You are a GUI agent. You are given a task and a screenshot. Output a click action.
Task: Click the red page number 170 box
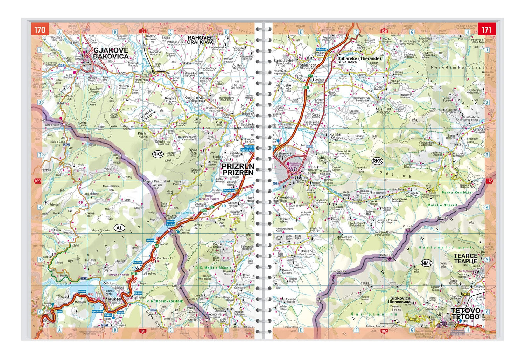[x=39, y=29]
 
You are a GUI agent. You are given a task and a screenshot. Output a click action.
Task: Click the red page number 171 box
[x=486, y=29]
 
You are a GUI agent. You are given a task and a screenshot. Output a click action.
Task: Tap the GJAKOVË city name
[x=111, y=50]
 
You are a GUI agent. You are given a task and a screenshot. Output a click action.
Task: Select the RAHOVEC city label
[x=201, y=37]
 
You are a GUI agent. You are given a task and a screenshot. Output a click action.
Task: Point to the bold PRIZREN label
[x=238, y=166]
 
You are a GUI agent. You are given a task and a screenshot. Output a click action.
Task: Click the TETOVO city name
[x=465, y=310]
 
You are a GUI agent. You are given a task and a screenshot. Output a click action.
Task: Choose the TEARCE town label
[x=465, y=256]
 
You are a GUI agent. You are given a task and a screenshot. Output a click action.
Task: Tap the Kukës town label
[x=114, y=299]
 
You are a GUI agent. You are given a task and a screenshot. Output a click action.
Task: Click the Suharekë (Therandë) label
[x=359, y=58]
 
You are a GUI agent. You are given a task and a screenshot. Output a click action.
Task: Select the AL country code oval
[x=119, y=228]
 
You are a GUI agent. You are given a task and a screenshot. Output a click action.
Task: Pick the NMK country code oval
[x=426, y=263]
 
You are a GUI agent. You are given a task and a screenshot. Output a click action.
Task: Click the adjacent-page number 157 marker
[x=142, y=31]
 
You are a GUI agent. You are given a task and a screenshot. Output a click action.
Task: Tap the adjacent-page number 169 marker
[x=37, y=181]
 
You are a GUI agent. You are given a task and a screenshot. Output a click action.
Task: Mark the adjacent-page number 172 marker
[x=489, y=181]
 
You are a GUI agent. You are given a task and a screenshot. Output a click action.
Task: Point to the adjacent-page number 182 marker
[x=384, y=331]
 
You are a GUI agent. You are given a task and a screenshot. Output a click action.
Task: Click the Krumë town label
[x=90, y=213]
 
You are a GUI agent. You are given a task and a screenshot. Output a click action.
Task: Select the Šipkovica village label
[x=399, y=298]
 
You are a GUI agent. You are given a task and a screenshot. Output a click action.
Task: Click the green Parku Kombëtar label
[x=457, y=192]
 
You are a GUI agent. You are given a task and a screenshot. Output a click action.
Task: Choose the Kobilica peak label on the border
[x=386, y=255]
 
